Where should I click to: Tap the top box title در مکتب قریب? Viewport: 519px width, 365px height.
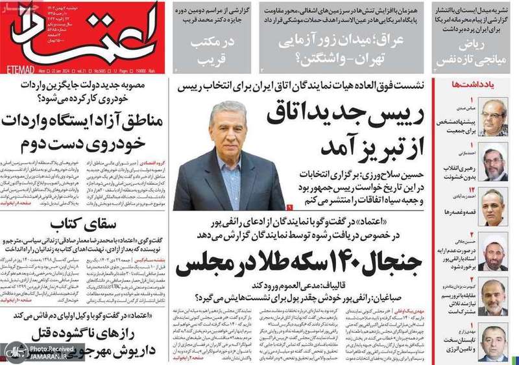202,49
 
